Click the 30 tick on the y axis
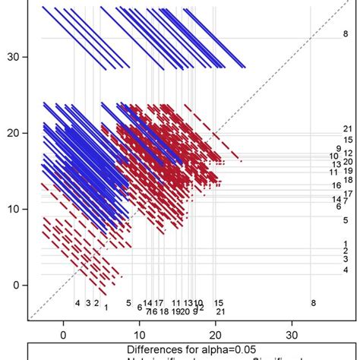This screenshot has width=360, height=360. [13, 57]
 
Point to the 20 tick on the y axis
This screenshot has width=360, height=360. [13, 133]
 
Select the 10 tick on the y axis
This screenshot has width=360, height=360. [13, 209]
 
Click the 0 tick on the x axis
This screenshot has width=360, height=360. [63, 333]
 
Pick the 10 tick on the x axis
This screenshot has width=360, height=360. [140, 333]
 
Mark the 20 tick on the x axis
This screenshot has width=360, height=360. [216, 333]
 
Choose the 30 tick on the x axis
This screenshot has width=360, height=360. [292, 333]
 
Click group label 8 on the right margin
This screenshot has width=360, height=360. [346, 34]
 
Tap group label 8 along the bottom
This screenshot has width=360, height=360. [313, 303]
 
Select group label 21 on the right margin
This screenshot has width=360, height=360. [348, 128]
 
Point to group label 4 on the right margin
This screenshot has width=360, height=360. [346, 270]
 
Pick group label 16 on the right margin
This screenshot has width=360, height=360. [336, 185]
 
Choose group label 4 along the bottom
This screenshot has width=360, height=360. [77, 303]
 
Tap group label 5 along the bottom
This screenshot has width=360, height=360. [128, 302]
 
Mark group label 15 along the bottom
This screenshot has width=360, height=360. [219, 303]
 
